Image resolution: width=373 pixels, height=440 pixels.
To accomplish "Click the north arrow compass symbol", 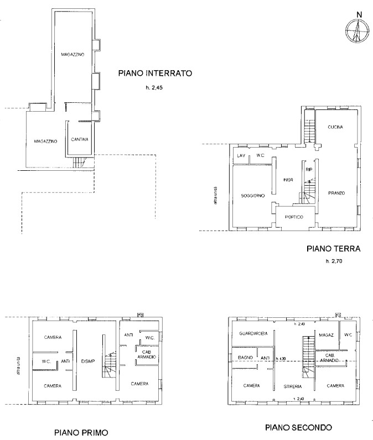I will tap(358, 32).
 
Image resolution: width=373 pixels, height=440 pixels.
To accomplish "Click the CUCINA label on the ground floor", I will tap(335, 127).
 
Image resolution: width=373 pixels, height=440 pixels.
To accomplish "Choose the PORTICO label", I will tap(294, 217).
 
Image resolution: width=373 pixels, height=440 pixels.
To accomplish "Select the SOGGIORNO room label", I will tap(252, 196).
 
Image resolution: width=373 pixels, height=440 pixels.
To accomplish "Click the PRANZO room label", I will tap(336, 193).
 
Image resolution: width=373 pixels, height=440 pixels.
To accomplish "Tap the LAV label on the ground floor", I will tap(241, 156).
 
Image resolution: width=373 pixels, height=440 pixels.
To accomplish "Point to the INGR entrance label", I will tap(287, 180).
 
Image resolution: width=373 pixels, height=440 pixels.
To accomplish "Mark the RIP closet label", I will tap(309, 170).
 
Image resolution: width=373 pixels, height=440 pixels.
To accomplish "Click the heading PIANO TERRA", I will tap(333, 249).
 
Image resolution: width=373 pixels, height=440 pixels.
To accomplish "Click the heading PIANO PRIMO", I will tap(80, 432).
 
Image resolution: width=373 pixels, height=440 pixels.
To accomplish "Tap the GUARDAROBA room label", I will tap(254, 334).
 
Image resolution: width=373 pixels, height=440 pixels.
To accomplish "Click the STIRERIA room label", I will tap(293, 386).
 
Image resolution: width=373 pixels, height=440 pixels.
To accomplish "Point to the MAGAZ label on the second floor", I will tap(325, 335).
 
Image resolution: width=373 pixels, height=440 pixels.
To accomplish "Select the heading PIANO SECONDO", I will tap(298, 427).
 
